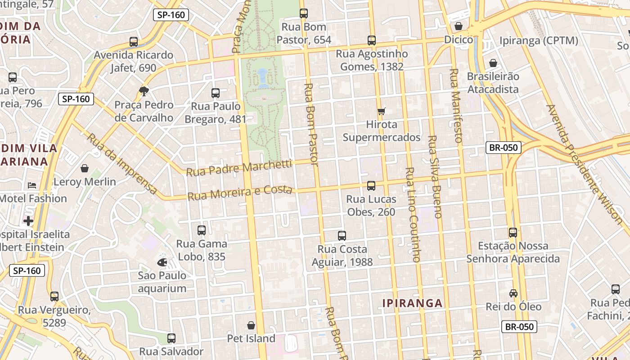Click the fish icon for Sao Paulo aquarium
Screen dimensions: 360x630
[162, 262]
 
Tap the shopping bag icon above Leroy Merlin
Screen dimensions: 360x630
[85, 168]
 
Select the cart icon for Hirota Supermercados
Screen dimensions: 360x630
[382, 111]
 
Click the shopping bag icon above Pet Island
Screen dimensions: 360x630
[251, 325]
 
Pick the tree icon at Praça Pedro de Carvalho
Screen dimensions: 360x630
[144, 91]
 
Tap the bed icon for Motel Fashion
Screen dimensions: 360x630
[32, 185]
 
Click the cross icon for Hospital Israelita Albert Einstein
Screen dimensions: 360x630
[28, 221]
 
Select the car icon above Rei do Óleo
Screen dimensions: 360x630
[513, 293]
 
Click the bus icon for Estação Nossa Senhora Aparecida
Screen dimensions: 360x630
[513, 233]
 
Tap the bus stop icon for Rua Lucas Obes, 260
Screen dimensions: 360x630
[371, 185]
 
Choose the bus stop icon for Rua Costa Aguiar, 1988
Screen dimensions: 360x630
[342, 235]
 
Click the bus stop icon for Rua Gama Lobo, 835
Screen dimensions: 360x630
[202, 230]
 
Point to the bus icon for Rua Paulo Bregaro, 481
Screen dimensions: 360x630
[216, 93]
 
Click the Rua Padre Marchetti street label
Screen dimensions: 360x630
[239, 168]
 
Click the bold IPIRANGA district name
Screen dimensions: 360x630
[413, 303]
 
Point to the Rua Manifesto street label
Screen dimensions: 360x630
[456, 105]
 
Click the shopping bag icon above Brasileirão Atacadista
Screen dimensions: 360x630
[493, 63]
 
